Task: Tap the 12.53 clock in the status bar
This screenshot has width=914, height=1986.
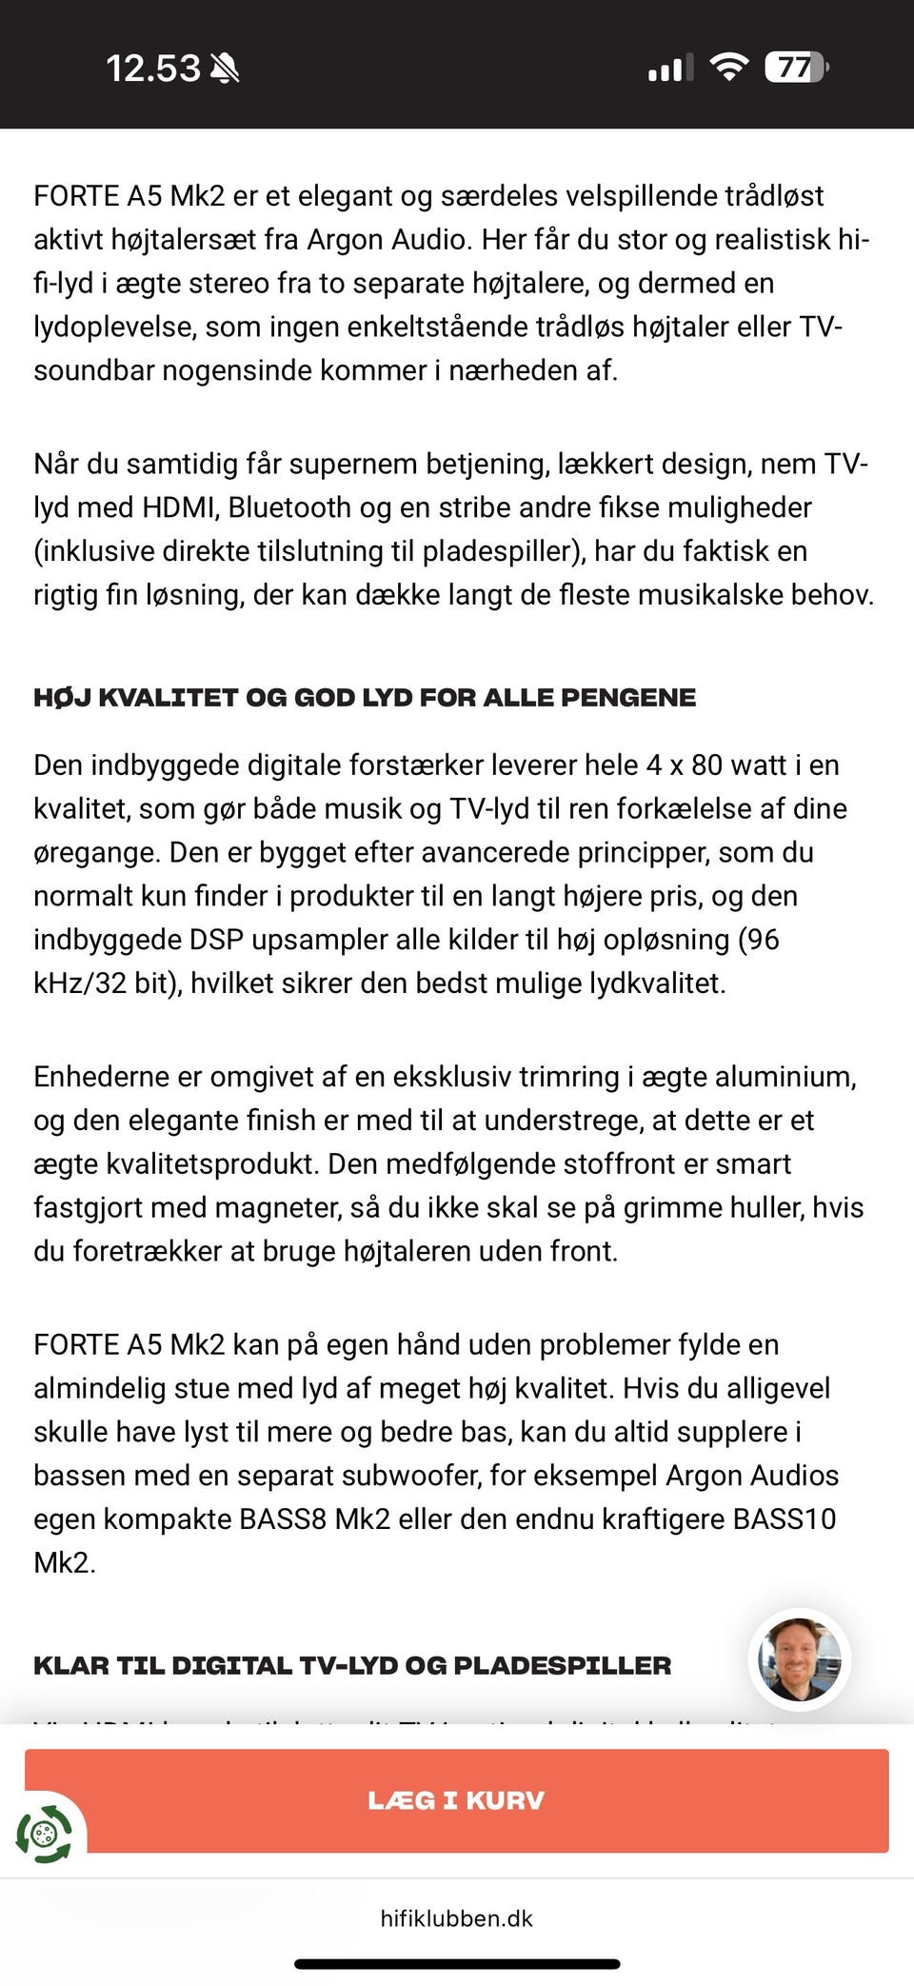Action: pos(152,69)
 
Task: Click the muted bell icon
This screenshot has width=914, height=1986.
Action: pos(225,69)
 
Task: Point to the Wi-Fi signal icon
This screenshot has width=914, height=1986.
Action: pos(728,68)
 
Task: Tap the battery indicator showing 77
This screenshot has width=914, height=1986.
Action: pos(796,68)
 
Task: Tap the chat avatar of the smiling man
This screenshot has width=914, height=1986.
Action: pos(799,1659)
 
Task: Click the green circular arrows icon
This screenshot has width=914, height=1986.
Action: pos(44,1834)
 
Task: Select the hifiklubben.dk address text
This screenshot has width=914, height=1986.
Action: pos(457,1918)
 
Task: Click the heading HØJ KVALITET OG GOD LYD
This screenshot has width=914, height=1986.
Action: pos(365,698)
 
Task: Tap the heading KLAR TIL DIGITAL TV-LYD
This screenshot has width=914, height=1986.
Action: pos(352,1665)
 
